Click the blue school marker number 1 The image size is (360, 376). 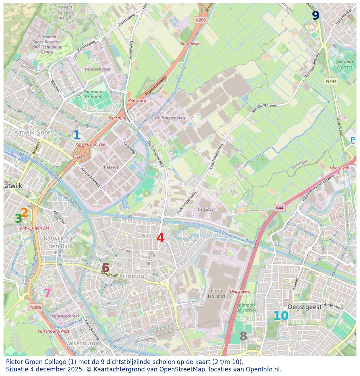point(76,135)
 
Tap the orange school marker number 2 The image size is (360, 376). point(24,212)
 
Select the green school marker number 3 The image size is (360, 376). point(18,219)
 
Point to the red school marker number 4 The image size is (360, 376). point(160,238)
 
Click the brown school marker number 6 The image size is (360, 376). point(105,268)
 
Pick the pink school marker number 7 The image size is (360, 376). point(47,293)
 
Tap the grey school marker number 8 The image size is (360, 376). point(243,337)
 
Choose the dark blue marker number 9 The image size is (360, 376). point(316,16)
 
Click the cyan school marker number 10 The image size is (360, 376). point(281,316)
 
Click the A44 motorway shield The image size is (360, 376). point(279,208)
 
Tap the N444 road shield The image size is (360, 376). point(331,81)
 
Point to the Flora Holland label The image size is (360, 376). point(216,294)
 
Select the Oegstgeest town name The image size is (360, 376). point(304,307)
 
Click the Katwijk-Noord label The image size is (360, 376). point(34,132)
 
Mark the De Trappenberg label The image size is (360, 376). point(170,118)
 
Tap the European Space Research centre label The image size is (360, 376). point(47,44)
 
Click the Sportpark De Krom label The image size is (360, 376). point(93,94)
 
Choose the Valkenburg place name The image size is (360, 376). point(81,343)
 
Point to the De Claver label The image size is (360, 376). point(206,209)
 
